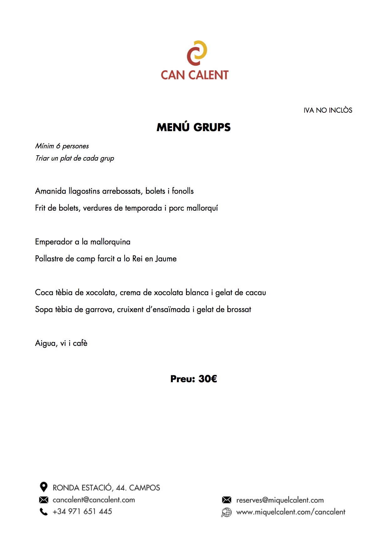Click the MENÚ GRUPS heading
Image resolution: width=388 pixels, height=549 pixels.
tap(194, 127)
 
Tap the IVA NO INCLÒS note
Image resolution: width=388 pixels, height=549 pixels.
tap(328, 110)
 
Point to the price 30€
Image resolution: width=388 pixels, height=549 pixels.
tap(207, 379)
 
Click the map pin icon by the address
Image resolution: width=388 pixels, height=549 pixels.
tap(44, 487)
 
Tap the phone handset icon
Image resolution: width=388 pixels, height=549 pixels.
tap(44, 512)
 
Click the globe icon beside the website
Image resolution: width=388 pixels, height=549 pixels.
tap(226, 512)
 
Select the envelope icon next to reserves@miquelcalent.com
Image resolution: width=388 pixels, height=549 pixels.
tap(226, 500)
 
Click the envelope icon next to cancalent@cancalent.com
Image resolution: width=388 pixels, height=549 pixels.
tap(44, 500)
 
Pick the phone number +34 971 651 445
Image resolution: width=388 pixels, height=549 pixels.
tap(82, 511)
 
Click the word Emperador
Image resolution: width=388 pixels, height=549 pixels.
tap(54, 242)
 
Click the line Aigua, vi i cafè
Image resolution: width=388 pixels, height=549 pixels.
tap(61, 343)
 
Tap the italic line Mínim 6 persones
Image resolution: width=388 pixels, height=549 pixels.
tap(62, 146)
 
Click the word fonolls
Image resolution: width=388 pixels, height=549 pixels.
tap(183, 191)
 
